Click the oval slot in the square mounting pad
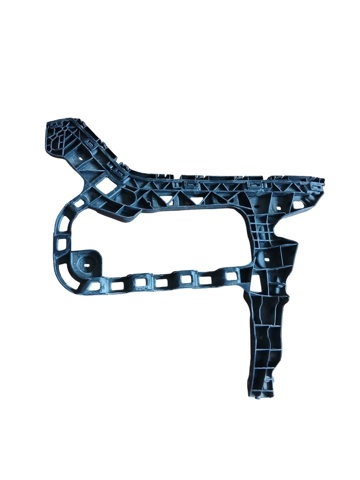click(87, 264)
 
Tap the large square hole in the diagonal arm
click(107, 184)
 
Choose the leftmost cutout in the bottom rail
click(95, 286)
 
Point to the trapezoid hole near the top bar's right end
click(298, 204)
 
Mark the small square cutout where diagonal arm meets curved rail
click(79, 203)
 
